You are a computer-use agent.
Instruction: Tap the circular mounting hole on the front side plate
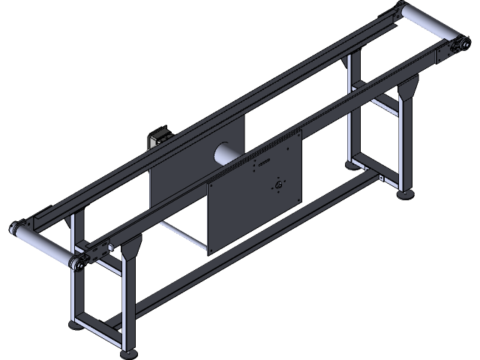point(279,185)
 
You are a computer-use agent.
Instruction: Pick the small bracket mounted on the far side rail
point(158,139)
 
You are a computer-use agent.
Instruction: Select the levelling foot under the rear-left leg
point(77,325)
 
